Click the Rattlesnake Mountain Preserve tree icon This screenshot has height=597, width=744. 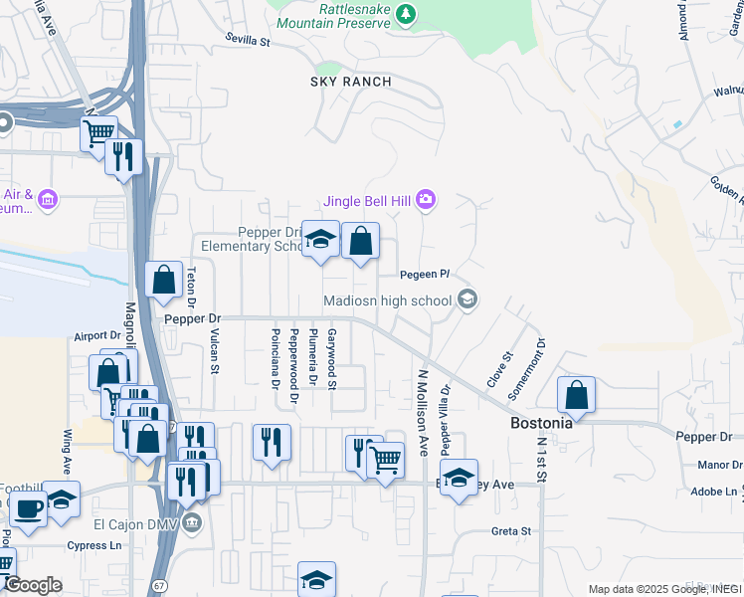(x=405, y=13)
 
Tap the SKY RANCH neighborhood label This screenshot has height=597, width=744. (x=351, y=82)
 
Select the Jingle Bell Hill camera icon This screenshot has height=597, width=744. (x=426, y=201)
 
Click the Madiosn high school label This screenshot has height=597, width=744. (x=387, y=299)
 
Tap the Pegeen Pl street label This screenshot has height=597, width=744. (x=425, y=274)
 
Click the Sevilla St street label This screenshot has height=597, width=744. (x=248, y=42)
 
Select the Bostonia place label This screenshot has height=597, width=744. (x=541, y=422)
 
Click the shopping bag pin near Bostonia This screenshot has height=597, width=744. (x=576, y=395)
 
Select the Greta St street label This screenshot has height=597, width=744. (x=511, y=531)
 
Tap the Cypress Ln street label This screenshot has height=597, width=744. (x=94, y=545)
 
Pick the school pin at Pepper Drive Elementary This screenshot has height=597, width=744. (x=320, y=239)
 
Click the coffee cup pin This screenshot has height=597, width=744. (x=28, y=509)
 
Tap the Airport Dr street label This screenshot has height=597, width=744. (x=96, y=336)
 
